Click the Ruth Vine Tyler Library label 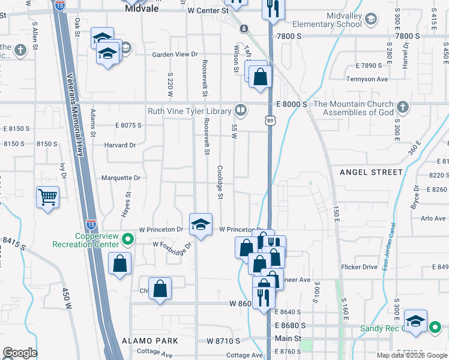pos(190,111)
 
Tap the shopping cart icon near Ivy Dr pos(47,196)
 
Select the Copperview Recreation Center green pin pos(127,239)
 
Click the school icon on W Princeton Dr pos(200,225)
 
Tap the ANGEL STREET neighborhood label pos(371,172)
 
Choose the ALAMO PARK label pos(149,341)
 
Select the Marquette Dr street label pos(121,178)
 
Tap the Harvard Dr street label pos(120,145)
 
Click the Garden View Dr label pos(175,55)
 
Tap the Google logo pos(20,353)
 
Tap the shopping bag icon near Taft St pos(260,77)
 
